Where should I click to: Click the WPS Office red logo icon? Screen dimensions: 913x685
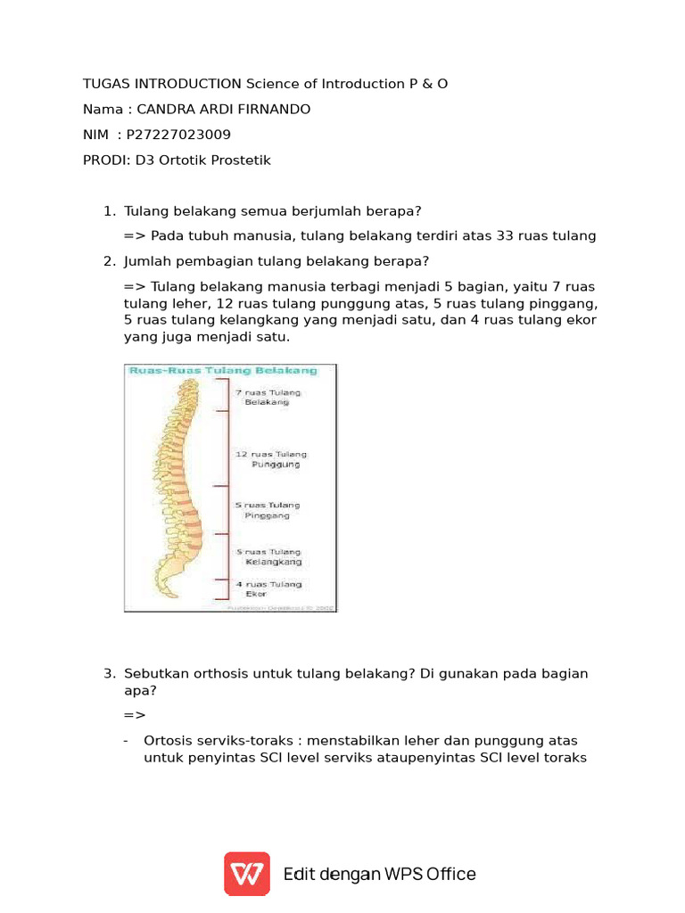coord(247,874)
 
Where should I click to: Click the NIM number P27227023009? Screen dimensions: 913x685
coord(178,135)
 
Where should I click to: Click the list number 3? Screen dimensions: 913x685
coord(109,673)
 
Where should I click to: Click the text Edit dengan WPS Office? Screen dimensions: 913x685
coord(379,874)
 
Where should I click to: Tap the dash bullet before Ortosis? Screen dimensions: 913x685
coord(126,741)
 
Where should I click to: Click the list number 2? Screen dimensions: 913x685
coord(109,261)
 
